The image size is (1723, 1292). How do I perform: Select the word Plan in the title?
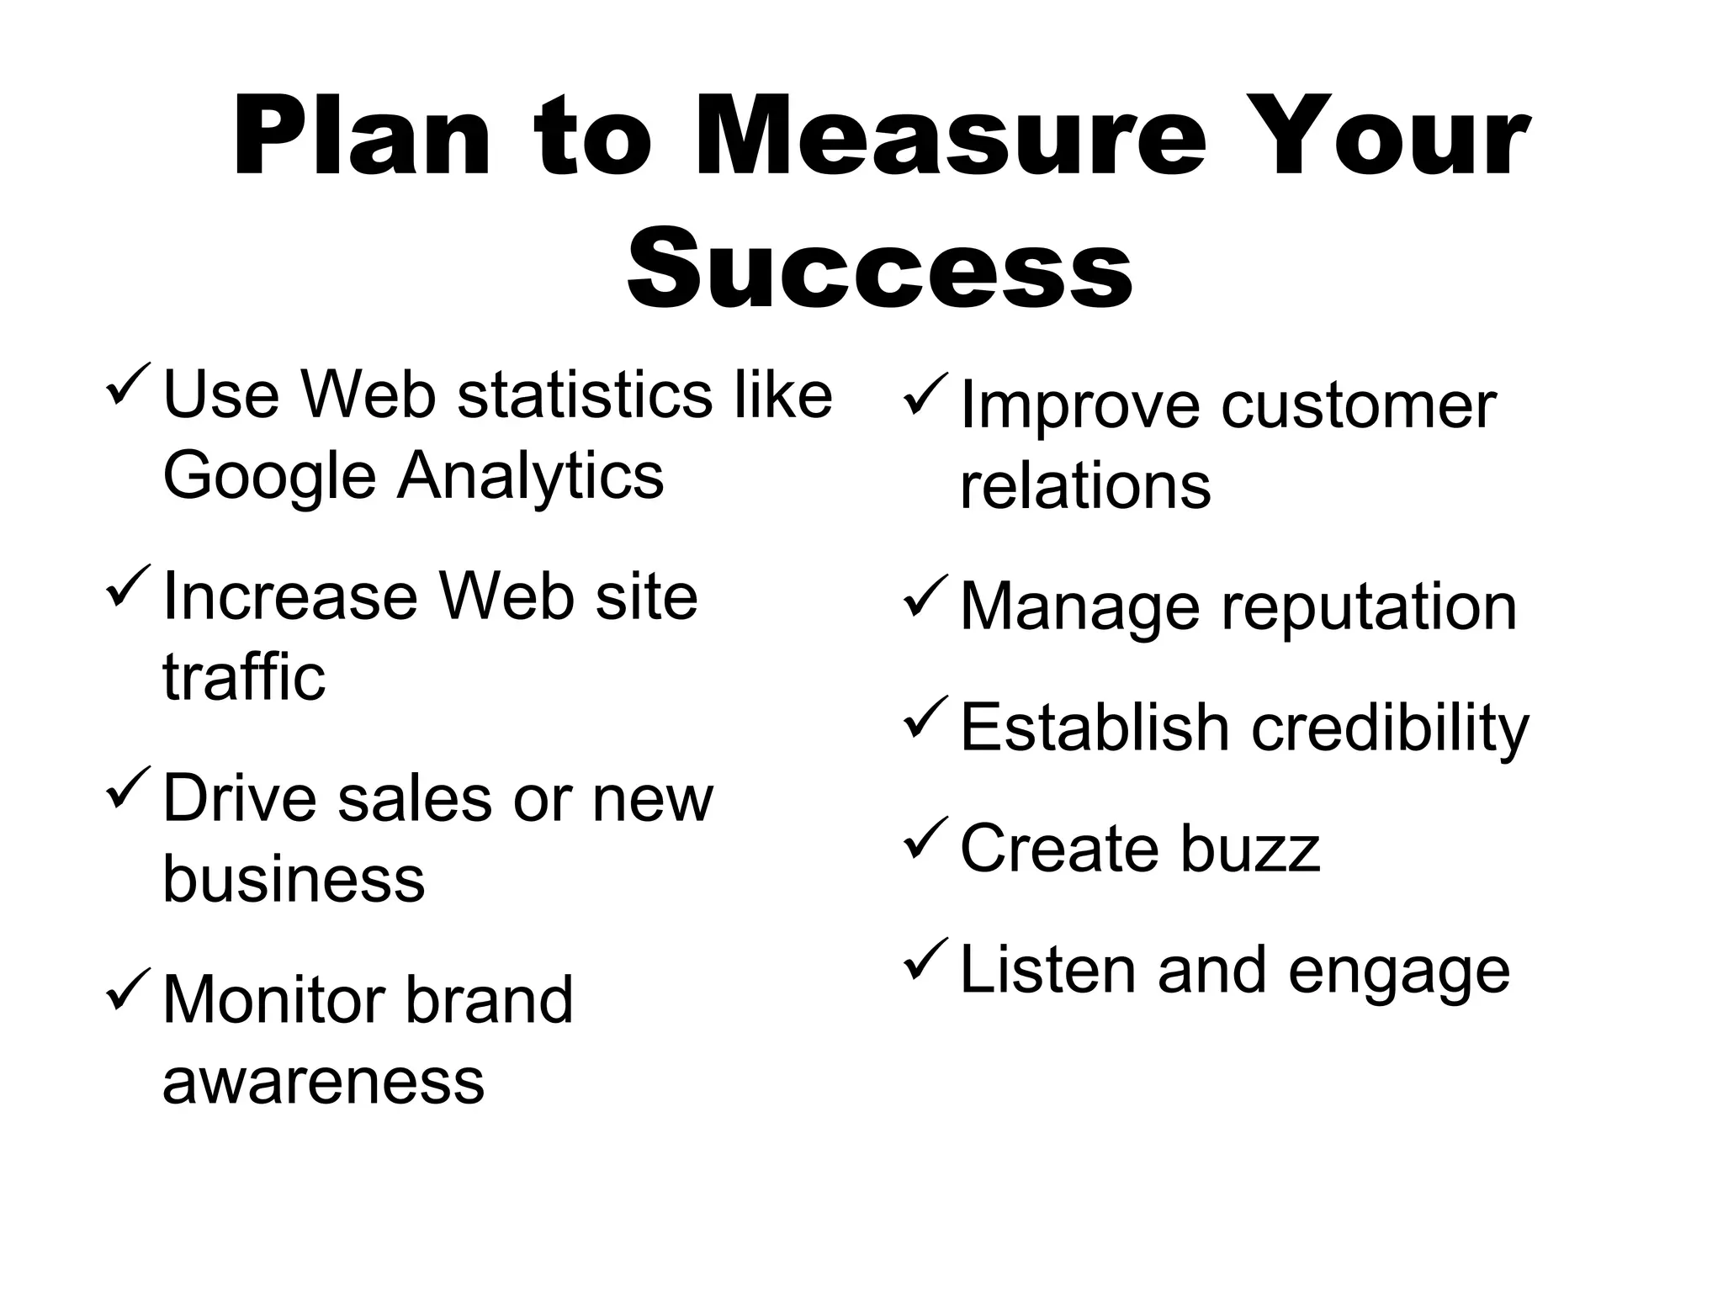[x=361, y=139]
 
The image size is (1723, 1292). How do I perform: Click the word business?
[x=294, y=878]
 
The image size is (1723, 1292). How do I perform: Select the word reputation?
[x=1369, y=608]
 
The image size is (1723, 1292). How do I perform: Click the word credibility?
[x=1390, y=728]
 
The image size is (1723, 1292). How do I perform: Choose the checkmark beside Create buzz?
[x=925, y=839]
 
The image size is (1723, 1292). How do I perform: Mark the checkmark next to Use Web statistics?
[x=129, y=384]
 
